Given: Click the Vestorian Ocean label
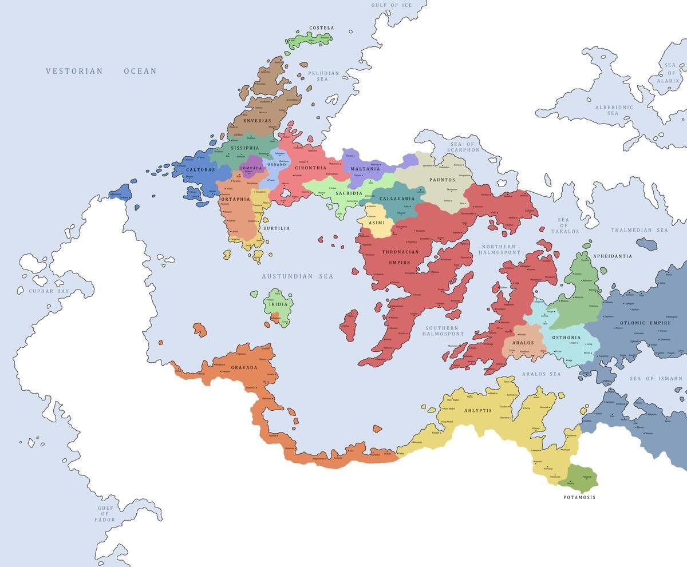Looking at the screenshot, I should pyautogui.click(x=101, y=71).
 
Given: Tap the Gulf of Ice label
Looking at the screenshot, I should pyautogui.click(x=391, y=5).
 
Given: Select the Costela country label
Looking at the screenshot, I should pyautogui.click(x=321, y=27).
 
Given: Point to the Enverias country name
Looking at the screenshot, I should pyautogui.click(x=256, y=121).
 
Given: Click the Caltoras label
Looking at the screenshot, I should pyautogui.click(x=200, y=170).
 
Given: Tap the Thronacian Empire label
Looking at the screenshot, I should pyautogui.click(x=400, y=257).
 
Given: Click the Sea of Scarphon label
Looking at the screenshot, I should pyautogui.click(x=465, y=147).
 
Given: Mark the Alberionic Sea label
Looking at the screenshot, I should pyautogui.click(x=614, y=110).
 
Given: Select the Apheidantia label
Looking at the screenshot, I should pyautogui.click(x=613, y=256).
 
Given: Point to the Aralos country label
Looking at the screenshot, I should pyautogui.click(x=523, y=343).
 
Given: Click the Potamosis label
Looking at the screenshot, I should pyautogui.click(x=579, y=497).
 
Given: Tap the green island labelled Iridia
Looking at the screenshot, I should pyautogui.click(x=279, y=306).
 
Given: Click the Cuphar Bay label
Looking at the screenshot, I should pyautogui.click(x=49, y=291).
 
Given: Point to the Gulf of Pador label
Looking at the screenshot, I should pyautogui.click(x=105, y=514).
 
